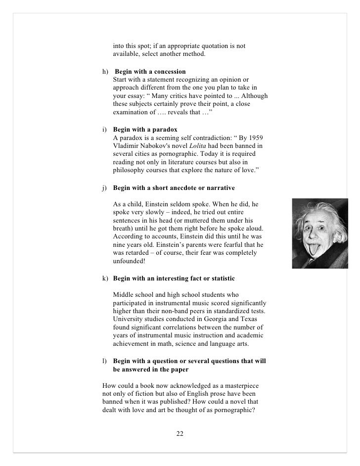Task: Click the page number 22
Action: [x=180, y=434]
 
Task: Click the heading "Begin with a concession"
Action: [x=150, y=72]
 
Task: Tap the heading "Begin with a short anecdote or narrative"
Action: [x=174, y=188]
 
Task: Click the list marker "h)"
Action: [x=105, y=72]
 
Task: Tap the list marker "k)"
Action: [x=105, y=279]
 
